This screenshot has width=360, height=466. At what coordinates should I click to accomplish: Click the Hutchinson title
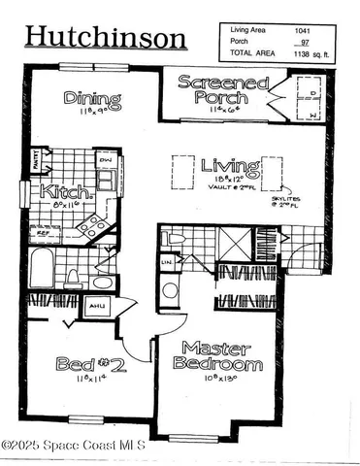(105, 37)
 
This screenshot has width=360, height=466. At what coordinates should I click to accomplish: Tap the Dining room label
(93, 99)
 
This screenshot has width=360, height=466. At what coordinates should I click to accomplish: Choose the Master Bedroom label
(217, 355)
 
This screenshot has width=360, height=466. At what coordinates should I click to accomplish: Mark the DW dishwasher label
(105, 160)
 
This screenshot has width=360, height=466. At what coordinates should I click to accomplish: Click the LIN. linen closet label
(167, 262)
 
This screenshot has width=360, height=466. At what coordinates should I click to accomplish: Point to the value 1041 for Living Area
(304, 32)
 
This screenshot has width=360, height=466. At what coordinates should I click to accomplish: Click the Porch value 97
(305, 44)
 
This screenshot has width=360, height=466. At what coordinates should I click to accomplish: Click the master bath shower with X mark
(236, 240)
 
